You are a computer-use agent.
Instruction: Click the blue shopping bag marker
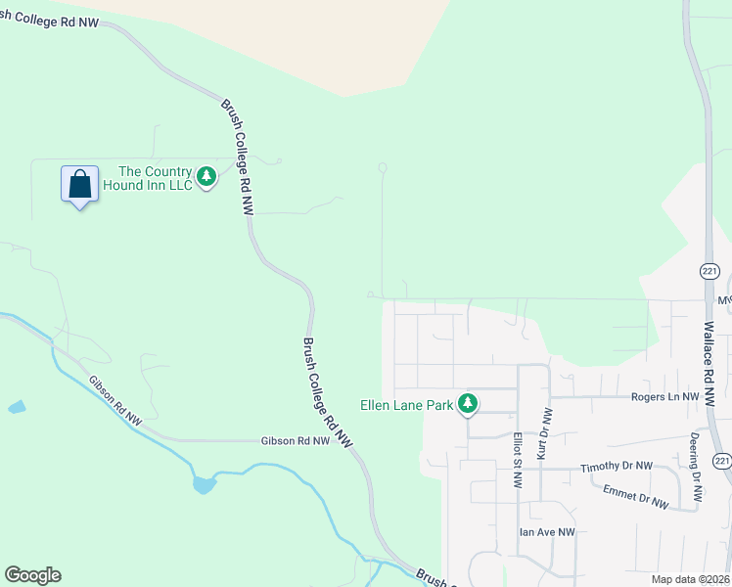(x=79, y=184)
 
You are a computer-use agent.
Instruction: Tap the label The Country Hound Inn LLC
(x=156, y=179)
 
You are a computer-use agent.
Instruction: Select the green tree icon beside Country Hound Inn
(x=206, y=177)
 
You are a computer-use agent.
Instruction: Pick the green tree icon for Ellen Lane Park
(x=468, y=403)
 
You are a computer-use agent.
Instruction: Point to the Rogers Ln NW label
(x=665, y=397)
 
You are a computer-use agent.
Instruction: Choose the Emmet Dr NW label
(x=635, y=496)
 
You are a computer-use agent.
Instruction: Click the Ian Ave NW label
(x=547, y=532)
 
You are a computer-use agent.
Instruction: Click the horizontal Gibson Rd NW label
(x=296, y=441)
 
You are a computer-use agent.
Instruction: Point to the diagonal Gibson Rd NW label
(x=114, y=401)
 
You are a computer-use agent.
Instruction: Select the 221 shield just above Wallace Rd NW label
(x=709, y=270)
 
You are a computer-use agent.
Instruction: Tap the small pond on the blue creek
(x=204, y=483)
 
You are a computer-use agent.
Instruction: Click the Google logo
(x=32, y=575)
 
